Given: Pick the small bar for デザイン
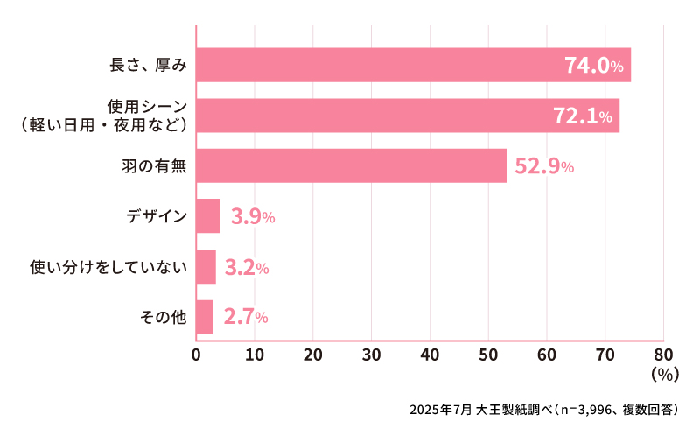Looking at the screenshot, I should pyautogui.click(x=208, y=216).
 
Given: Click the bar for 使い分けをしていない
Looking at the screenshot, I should pyautogui.click(x=206, y=267).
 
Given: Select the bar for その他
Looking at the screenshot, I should pyautogui.click(x=205, y=317).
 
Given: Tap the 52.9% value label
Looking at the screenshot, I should pyautogui.click(x=543, y=166).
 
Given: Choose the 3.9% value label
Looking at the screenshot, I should pyautogui.click(x=252, y=217).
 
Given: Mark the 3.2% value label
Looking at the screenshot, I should pyautogui.click(x=246, y=268).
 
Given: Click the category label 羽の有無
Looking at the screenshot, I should pyautogui.click(x=154, y=165).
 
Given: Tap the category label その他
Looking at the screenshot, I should pyautogui.click(x=164, y=317).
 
